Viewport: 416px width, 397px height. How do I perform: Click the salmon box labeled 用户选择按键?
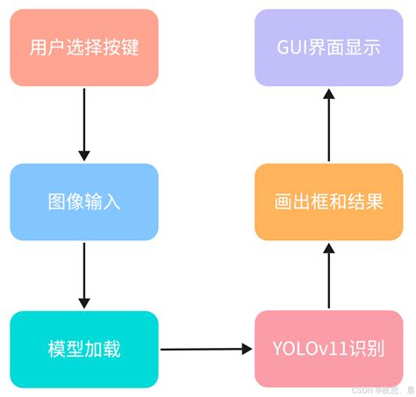(x=84, y=46)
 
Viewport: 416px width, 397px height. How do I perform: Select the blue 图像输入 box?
(x=84, y=202)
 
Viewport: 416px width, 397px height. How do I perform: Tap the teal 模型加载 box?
(x=84, y=349)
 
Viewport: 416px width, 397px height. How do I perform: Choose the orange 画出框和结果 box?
(x=329, y=202)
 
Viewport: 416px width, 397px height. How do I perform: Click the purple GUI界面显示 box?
(x=329, y=46)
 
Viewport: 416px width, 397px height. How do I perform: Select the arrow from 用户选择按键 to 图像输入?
(x=84, y=123)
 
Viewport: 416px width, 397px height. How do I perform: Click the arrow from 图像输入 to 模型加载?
(x=84, y=274)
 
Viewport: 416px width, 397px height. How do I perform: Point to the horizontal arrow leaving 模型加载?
(x=206, y=349)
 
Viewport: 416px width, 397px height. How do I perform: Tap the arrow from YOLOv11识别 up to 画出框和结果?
(x=329, y=276)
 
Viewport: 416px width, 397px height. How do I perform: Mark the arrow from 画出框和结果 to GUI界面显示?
(x=329, y=123)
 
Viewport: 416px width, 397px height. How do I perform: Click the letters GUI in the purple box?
(x=295, y=47)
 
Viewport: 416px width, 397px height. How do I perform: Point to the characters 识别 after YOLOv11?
(x=363, y=350)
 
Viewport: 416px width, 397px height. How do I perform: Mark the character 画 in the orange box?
(x=283, y=202)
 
